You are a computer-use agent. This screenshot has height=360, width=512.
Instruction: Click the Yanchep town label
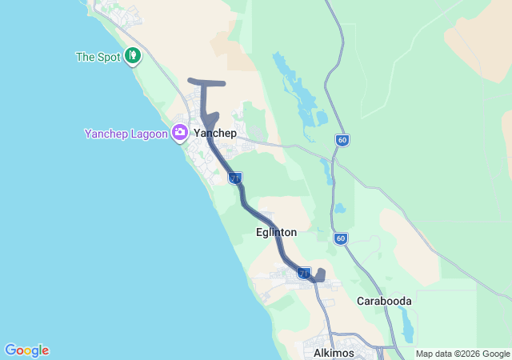pyautogui.click(x=215, y=134)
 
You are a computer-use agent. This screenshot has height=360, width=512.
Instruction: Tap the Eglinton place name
pyautogui.click(x=276, y=232)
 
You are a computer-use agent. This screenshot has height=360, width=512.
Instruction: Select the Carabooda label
pyautogui.click(x=384, y=301)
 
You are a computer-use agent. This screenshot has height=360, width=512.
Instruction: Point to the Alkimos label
pyautogui.click(x=328, y=352)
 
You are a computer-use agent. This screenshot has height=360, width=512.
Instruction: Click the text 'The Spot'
pyautogui.click(x=97, y=57)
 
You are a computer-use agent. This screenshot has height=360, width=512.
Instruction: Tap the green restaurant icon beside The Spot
pyautogui.click(x=133, y=57)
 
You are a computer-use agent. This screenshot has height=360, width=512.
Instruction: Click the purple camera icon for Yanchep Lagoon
pyautogui.click(x=182, y=133)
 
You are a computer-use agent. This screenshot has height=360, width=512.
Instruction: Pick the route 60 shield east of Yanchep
pyautogui.click(x=342, y=141)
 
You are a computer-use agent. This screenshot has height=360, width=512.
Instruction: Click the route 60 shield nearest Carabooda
pyautogui.click(x=341, y=238)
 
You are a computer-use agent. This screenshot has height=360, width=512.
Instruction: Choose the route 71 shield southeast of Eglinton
pyautogui.click(x=304, y=274)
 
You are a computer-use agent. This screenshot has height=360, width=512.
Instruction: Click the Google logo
pyautogui.click(x=26, y=350)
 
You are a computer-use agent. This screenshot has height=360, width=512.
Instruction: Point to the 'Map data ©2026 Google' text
pyautogui.click(x=462, y=354)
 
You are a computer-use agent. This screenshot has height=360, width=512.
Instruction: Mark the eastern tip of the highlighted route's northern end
pyautogui.click(x=223, y=83)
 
